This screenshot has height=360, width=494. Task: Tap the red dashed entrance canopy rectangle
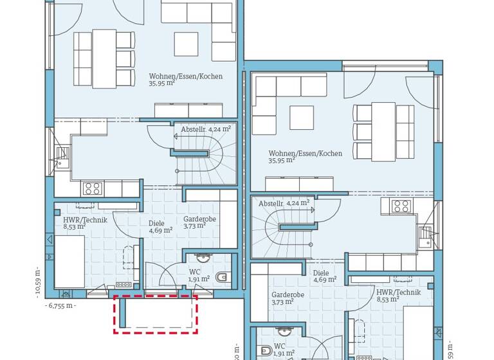[x=155, y=314]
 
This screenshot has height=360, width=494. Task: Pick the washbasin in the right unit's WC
[x=284, y=332]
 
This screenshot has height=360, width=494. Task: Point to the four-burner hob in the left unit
[x=92, y=188]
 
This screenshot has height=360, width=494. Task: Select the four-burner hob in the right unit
[x=401, y=206]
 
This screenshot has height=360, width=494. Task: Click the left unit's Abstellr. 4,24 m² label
[x=205, y=129]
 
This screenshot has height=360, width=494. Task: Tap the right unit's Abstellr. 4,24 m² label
[x=284, y=203]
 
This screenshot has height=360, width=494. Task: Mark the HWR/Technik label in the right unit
[x=398, y=295]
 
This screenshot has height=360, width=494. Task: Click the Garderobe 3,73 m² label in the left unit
[x=199, y=222]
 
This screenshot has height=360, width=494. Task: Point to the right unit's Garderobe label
[x=288, y=298]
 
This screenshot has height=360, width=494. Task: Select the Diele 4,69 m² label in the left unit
[x=160, y=227]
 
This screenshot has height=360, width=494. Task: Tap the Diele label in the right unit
[x=324, y=276]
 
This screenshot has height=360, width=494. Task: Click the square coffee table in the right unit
[x=302, y=118]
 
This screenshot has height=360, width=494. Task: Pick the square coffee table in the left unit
[x=186, y=44]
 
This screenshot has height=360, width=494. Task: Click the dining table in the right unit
[x=383, y=132]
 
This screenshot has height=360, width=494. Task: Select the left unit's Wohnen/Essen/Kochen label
[x=185, y=79]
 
